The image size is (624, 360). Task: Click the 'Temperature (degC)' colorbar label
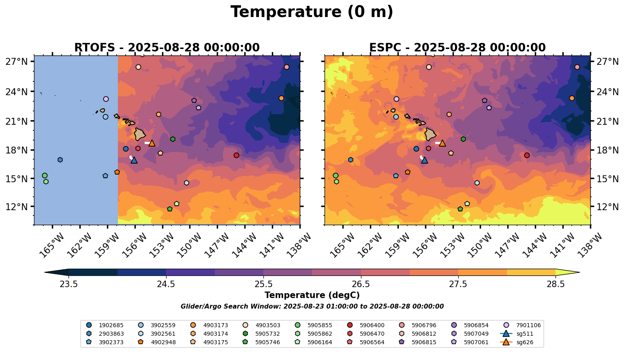click(312, 295)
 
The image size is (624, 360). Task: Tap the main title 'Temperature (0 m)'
click(312, 12)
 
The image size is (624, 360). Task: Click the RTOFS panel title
click(167, 48)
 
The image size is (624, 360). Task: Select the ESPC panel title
click(457, 48)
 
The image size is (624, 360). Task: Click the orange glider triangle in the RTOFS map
click(152, 143)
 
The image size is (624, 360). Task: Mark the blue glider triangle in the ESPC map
click(425, 160)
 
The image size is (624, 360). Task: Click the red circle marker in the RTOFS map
click(236, 155)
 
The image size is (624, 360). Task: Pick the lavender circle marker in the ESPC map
click(396, 99)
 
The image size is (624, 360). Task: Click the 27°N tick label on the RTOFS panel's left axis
click(17, 62)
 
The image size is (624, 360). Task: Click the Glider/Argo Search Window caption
click(312, 307)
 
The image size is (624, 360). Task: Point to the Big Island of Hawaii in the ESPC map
click(430, 134)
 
